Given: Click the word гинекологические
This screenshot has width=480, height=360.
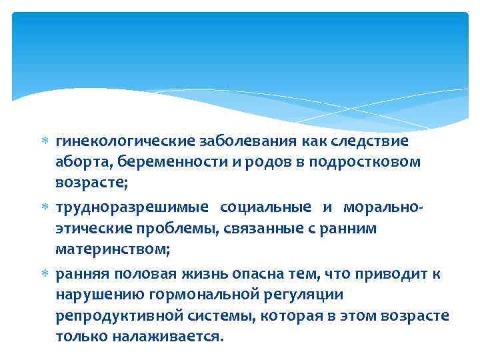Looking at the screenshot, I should point(125,141).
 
